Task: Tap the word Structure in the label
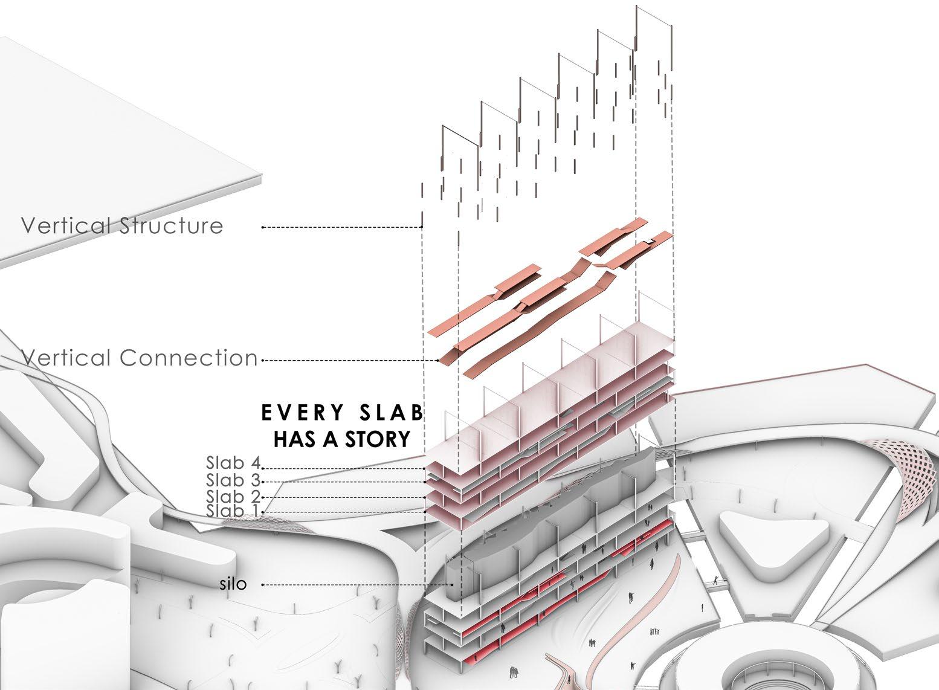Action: (171, 226)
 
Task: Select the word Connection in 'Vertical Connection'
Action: (189, 358)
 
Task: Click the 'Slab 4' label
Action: (233, 464)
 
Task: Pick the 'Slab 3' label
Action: (233, 481)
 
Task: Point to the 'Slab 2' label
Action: (233, 497)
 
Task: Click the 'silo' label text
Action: (233, 585)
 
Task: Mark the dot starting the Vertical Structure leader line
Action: (263, 227)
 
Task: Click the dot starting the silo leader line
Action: (263, 585)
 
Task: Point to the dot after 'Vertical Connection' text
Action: (263, 361)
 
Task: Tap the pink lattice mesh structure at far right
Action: (906, 477)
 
